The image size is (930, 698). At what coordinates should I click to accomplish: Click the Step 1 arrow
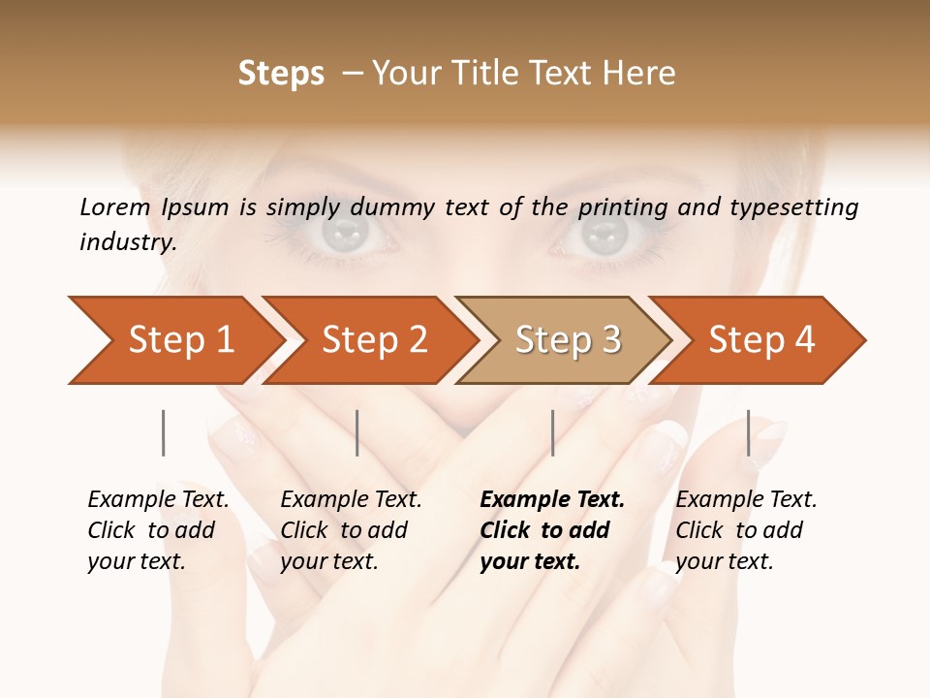(x=174, y=340)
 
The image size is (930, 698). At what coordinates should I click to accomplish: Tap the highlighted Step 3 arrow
(x=567, y=340)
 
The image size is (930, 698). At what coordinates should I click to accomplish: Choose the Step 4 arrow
(x=760, y=340)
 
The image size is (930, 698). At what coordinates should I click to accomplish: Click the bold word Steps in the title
(x=281, y=74)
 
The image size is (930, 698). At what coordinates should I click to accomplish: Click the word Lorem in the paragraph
(x=115, y=206)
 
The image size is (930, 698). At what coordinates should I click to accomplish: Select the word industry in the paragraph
(x=127, y=242)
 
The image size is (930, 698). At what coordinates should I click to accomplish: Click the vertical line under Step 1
(x=164, y=432)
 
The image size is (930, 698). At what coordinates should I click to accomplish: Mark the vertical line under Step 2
(x=357, y=432)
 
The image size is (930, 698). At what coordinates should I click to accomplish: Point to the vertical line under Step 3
(x=552, y=432)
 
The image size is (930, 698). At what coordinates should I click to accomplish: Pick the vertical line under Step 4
(x=748, y=432)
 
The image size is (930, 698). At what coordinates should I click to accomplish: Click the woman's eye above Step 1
(x=346, y=233)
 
